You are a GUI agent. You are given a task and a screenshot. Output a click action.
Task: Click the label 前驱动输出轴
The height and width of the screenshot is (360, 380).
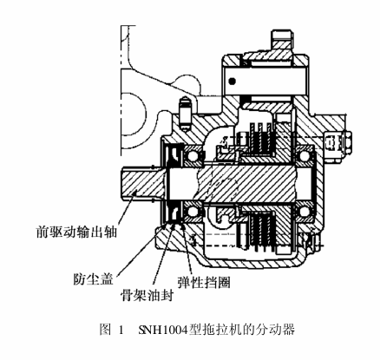[x=76, y=232]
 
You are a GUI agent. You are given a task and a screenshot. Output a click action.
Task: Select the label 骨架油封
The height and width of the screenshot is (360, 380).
[x=147, y=296]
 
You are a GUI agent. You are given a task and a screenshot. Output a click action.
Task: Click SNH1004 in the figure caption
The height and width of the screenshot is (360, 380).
[x=163, y=330]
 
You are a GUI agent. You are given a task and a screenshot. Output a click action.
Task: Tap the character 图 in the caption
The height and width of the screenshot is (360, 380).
[x=105, y=330]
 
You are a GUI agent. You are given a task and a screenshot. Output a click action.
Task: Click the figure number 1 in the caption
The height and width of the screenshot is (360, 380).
[x=121, y=330]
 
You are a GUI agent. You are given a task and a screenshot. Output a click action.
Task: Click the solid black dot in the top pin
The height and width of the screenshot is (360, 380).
[x=232, y=82]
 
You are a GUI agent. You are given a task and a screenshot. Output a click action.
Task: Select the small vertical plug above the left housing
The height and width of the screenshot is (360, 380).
[x=185, y=114]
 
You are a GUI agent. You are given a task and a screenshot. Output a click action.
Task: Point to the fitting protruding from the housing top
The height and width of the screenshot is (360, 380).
[x=284, y=40]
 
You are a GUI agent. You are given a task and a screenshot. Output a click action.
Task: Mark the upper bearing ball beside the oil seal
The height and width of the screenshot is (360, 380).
[x=193, y=155]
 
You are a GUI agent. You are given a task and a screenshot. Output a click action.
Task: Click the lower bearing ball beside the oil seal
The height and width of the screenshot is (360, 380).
[x=193, y=212]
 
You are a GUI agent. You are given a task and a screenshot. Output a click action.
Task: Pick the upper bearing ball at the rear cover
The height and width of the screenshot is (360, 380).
[x=305, y=156]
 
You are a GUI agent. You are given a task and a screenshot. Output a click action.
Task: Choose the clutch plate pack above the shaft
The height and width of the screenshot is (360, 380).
[x=261, y=138]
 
